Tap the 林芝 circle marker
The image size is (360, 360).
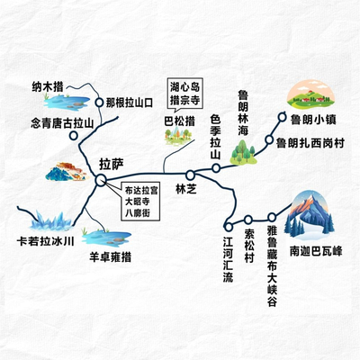pyautogui.click(x=190, y=175)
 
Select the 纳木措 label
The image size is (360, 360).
pyautogui.click(x=48, y=87)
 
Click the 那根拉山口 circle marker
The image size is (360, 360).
pyautogui.click(x=99, y=103)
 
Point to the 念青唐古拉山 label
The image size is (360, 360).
pyautogui.click(x=62, y=123)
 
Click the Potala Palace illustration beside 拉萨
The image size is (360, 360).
pyautogui.click(x=67, y=172)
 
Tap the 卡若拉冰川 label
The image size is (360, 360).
pyautogui.click(x=45, y=241)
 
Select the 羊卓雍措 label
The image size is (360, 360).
pyautogui.click(x=111, y=257)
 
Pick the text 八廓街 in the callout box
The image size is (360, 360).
pyautogui.click(x=138, y=213)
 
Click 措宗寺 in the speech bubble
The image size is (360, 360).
pyautogui.click(x=184, y=100)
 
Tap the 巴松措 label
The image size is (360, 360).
pyautogui.click(x=180, y=121)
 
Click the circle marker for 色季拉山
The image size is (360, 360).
pyautogui.click(x=216, y=168)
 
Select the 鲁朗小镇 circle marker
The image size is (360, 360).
pyautogui.click(x=283, y=117)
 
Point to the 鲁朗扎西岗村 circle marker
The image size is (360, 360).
pyautogui.click(x=269, y=139)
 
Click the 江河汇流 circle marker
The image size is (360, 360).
pyautogui.click(x=229, y=227)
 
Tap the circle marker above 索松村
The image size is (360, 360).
pyautogui.click(x=248, y=220)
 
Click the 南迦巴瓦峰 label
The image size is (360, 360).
pyautogui.click(x=316, y=251)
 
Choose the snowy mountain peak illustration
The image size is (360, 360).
pyautogui.click(x=309, y=215)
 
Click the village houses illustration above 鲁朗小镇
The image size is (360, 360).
pyautogui.click(x=310, y=94)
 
